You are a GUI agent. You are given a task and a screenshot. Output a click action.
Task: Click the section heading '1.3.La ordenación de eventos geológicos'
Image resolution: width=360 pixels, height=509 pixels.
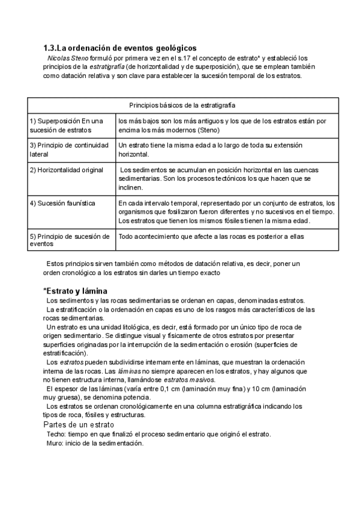point(120,48)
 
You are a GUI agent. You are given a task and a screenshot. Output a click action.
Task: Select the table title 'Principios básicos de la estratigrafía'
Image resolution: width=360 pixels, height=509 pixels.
point(182,104)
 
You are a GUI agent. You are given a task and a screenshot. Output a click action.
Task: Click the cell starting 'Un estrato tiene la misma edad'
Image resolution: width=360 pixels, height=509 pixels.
point(210,149)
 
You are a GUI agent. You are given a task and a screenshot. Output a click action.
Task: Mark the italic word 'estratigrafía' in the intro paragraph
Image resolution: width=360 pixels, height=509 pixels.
point(108,67)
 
